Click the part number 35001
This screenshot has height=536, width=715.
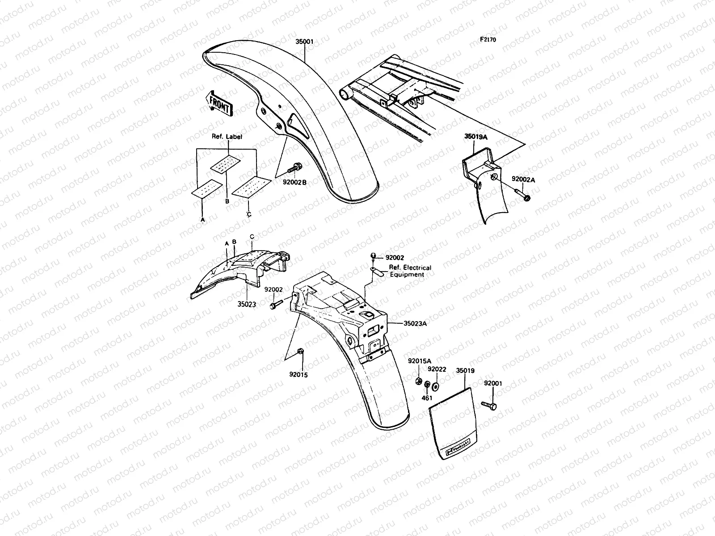pos(304,42)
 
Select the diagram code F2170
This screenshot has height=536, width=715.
pos(488,39)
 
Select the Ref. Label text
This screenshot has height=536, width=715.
pos(227,137)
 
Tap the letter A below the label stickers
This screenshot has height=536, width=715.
pos(202,220)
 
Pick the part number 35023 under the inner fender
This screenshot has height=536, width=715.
pos(247,304)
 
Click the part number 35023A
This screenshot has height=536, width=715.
pos(415,323)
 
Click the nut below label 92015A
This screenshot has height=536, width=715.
pos(419,381)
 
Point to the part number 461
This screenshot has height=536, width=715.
pos(427,398)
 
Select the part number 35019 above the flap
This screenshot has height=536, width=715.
pos(465,371)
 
